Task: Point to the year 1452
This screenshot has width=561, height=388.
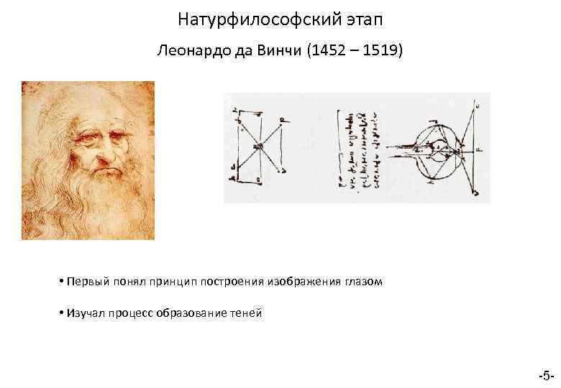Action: tap(327, 52)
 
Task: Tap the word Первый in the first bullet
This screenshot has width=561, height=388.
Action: tap(86, 282)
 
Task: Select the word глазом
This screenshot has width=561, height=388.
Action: tap(364, 282)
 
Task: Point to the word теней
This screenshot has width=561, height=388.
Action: tap(247, 313)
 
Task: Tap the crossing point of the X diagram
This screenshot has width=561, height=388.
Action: tap(257, 145)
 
